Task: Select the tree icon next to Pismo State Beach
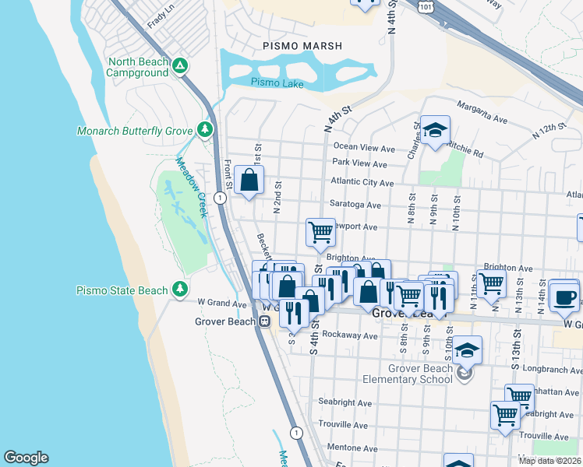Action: tap(180, 290)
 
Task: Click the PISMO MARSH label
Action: tap(302, 47)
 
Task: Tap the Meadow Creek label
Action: tap(190, 188)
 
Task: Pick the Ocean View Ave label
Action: tap(365, 147)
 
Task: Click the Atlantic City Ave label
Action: tap(362, 182)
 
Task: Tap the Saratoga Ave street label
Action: tap(355, 205)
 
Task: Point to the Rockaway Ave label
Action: tap(353, 336)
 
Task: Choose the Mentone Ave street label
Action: tap(353, 448)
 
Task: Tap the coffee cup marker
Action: tap(564, 296)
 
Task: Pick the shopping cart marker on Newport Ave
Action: tap(320, 232)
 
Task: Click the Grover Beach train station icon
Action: tap(265, 321)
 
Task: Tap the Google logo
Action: tap(26, 458)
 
